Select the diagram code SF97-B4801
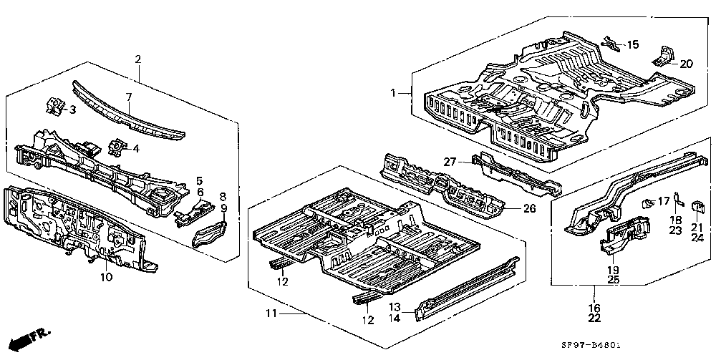588,346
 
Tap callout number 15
633,44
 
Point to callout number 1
393,93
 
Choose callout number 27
450,162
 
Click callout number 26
529,209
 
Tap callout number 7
129,97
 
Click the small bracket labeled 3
54,105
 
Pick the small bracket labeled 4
115,147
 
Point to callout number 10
106,277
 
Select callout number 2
138,59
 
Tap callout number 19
614,269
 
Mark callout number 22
594,318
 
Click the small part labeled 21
697,207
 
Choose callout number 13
395,307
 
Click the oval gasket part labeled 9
210,233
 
